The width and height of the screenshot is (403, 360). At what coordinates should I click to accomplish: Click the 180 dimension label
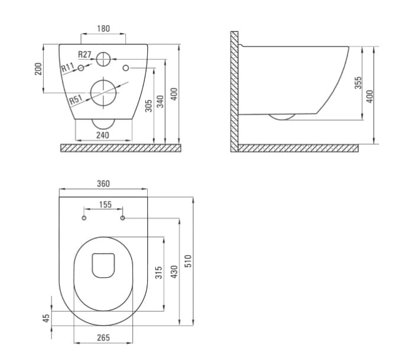click(x=103, y=28)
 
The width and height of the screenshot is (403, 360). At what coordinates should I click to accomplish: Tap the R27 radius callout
click(x=84, y=54)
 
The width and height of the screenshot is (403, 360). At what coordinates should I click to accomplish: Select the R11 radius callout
click(x=68, y=67)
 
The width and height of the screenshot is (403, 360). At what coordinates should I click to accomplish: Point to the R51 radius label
click(x=76, y=99)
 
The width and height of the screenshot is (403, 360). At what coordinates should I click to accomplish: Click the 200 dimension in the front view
click(x=38, y=69)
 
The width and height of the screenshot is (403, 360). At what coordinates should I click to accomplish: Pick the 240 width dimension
click(x=103, y=135)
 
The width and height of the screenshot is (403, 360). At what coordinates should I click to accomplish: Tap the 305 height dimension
click(x=148, y=106)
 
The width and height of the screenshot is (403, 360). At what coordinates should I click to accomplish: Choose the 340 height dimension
click(x=160, y=102)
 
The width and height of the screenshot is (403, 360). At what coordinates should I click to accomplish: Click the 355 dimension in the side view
click(x=358, y=83)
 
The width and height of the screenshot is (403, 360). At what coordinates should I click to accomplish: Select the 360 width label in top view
click(x=103, y=184)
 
